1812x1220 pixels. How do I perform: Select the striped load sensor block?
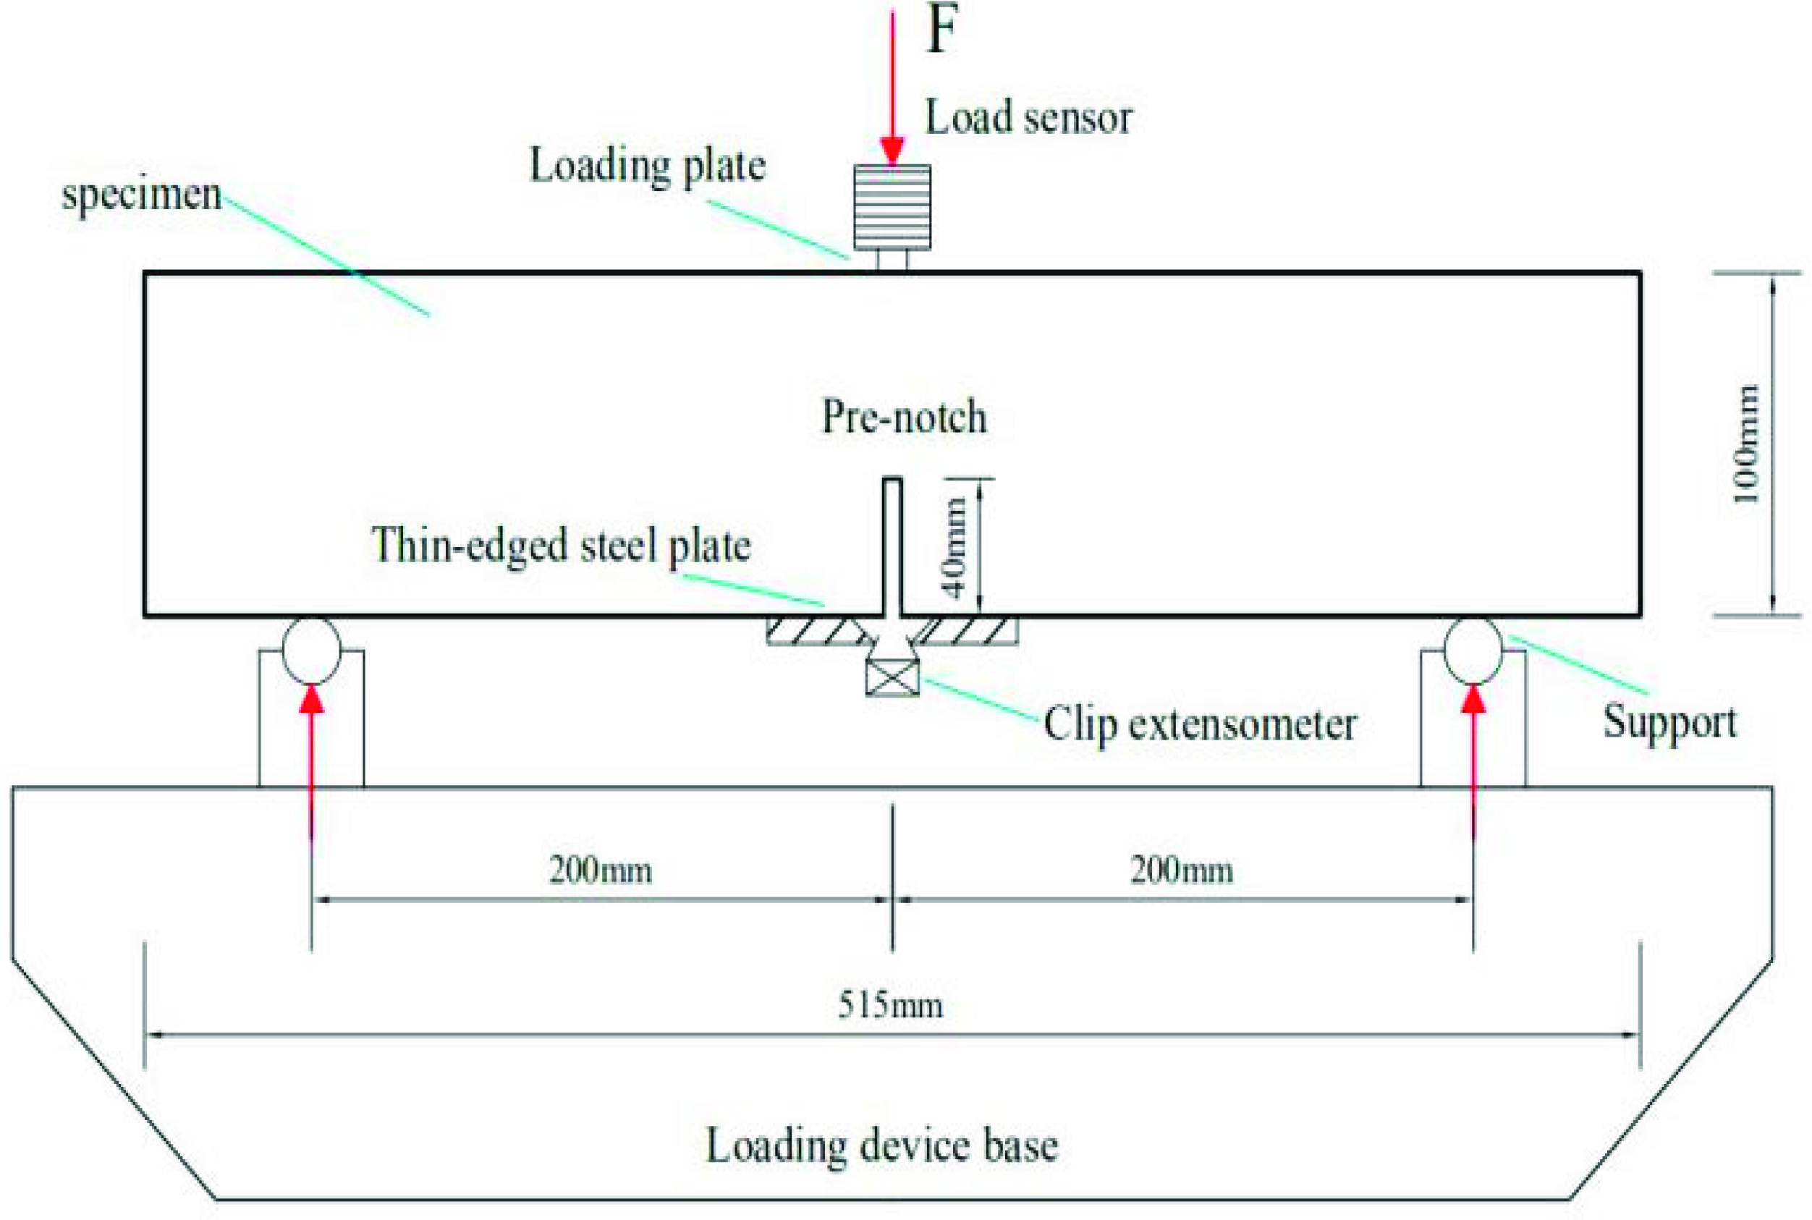point(892,207)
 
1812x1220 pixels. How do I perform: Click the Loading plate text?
point(648,166)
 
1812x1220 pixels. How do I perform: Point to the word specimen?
point(142,194)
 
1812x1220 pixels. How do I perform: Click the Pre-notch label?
point(905,417)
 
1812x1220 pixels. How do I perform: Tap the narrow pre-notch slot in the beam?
point(892,545)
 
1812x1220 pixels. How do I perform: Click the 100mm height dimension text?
point(1747,444)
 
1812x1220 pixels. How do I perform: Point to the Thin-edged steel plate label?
point(561,545)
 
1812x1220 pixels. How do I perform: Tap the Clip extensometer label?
point(1200,724)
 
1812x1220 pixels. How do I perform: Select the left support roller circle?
point(311,651)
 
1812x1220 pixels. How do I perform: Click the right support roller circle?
point(1473,651)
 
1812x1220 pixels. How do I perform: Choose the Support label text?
point(1669,722)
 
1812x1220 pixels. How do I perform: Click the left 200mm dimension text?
point(601,870)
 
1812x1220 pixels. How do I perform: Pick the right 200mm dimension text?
point(1182,870)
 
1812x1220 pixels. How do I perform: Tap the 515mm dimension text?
point(890,1005)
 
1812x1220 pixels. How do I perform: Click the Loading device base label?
point(881,1145)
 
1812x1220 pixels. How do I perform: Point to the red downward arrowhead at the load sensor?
point(892,149)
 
